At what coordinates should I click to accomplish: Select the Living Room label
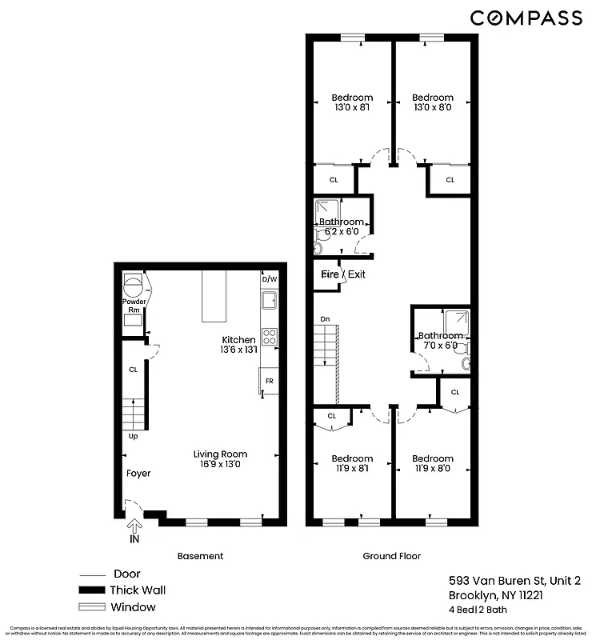click(220, 459)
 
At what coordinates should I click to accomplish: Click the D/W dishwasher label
click(269, 279)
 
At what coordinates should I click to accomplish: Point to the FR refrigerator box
click(269, 382)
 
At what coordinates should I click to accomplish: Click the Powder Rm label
click(134, 306)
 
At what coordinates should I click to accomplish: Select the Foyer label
click(138, 474)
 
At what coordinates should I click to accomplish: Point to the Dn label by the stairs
click(325, 318)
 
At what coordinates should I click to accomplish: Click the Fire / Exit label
click(343, 274)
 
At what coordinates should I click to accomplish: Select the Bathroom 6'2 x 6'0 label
click(342, 226)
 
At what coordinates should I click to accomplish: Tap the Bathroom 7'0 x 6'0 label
click(440, 341)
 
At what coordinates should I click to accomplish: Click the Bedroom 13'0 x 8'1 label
click(352, 102)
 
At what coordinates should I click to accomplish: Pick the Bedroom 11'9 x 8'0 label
click(433, 463)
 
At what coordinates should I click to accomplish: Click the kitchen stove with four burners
click(270, 337)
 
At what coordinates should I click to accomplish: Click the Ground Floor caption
click(392, 556)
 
